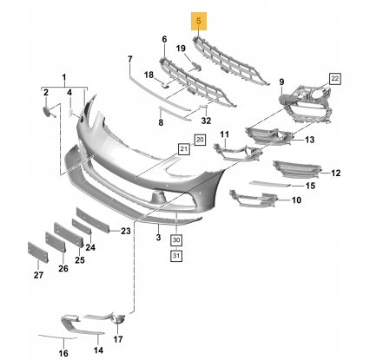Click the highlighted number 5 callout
click(x=199, y=21)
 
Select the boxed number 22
click(x=334, y=79)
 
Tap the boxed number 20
click(x=200, y=141)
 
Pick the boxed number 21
click(x=184, y=149)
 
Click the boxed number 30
click(x=176, y=240)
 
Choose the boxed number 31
click(x=176, y=256)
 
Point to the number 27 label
click(x=38, y=275)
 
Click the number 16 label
click(x=63, y=353)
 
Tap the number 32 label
click(x=206, y=121)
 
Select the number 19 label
click(x=181, y=49)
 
